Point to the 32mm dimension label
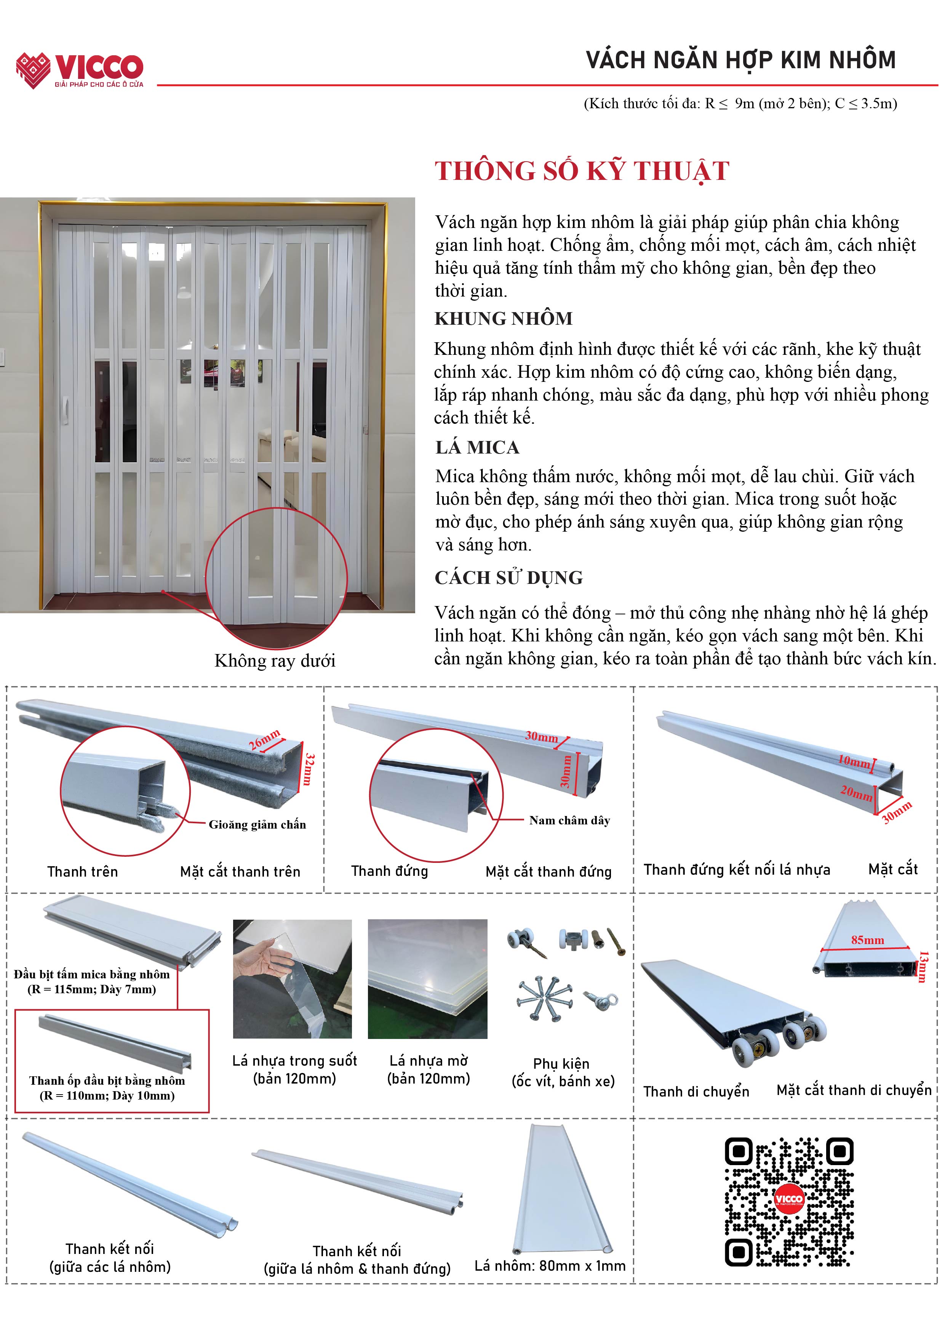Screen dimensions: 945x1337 click(309, 769)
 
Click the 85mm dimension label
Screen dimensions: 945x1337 click(867, 940)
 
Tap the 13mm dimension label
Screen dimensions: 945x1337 click(923, 967)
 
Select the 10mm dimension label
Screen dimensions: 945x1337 click(854, 760)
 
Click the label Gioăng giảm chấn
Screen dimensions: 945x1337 click(257, 824)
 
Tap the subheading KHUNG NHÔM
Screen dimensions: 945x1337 click(503, 319)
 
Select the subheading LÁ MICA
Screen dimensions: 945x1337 click(477, 447)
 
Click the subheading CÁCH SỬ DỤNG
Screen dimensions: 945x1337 click(508, 578)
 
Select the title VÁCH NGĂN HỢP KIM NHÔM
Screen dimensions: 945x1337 click(741, 60)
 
